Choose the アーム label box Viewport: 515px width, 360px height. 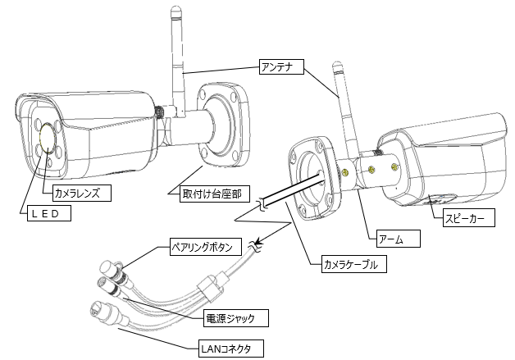click(x=397, y=239)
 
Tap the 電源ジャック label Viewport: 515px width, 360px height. click(x=235, y=316)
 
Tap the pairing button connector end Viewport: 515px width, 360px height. click(x=107, y=268)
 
